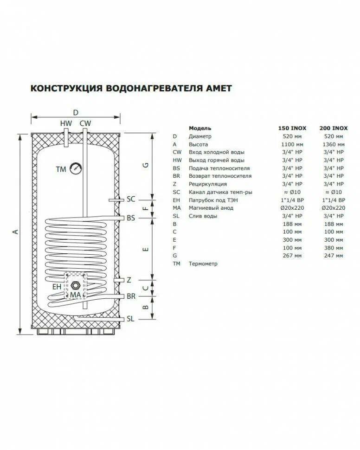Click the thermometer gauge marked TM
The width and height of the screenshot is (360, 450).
coord(76,168)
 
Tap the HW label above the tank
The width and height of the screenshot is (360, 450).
coord(66,123)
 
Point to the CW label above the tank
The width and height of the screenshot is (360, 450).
coord(85,123)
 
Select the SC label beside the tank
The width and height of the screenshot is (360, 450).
coord(131,199)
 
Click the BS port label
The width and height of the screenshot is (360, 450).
coord(131,218)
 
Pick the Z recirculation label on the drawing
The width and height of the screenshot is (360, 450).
coord(129,280)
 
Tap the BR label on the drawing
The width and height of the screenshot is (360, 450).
coord(131,296)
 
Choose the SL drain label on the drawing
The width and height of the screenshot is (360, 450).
coord(130,319)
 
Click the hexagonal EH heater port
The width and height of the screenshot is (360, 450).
coord(76,286)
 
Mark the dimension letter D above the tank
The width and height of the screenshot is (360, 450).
coord(76,112)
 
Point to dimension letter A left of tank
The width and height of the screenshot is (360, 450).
coord(16,231)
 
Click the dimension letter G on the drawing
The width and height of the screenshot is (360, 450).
coord(146,165)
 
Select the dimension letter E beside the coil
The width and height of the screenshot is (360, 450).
coord(146,249)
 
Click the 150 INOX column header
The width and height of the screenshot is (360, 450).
coord(292,129)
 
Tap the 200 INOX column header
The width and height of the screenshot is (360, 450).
coord(333,129)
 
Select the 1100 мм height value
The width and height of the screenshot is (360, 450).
coord(292,144)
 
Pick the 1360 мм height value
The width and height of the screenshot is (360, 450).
coord(333,144)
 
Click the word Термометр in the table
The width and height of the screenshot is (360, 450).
coord(203,264)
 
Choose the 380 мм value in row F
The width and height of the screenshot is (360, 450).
coord(333,248)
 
